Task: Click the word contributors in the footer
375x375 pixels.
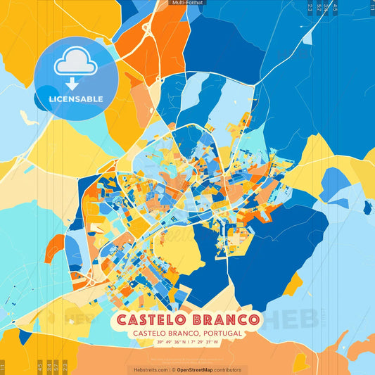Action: click(229, 369)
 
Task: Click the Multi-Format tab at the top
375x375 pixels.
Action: click(188, 3)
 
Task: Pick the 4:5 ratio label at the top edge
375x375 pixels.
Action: click(335, 8)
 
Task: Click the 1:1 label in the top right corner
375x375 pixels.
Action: click(371, 8)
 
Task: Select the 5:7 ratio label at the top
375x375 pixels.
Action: click(319, 8)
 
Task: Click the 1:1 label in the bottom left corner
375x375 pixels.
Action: click(3, 367)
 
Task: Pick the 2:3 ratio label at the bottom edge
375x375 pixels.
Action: click(64, 367)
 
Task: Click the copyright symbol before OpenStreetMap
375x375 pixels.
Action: click(174, 369)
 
